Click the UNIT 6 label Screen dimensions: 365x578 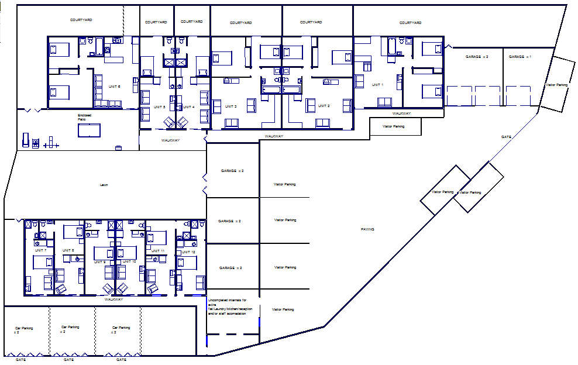pyautogui.click(x=115, y=87)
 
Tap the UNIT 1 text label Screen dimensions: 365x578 pyautogui.click(x=377, y=85)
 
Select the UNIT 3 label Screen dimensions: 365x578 pyautogui.click(x=231, y=106)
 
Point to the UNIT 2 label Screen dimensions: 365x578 pyautogui.click(x=325, y=106)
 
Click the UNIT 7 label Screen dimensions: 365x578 pyautogui.click(x=40, y=250)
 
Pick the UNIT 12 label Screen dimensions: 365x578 pyautogui.click(x=189, y=252)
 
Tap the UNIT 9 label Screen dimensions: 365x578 pyautogui.click(x=99, y=261)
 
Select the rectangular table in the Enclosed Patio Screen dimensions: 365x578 pyautogui.click(x=89, y=130)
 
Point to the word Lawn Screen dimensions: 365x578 pyautogui.click(x=104, y=185)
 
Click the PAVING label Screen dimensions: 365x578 pyautogui.click(x=367, y=229)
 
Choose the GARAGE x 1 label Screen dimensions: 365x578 pyautogui.click(x=519, y=57)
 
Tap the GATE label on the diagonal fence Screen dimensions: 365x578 pyautogui.click(x=506, y=137)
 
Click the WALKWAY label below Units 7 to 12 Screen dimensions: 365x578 pyautogui.click(x=113, y=299)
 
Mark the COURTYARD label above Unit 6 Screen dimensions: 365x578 pyautogui.click(x=81, y=20)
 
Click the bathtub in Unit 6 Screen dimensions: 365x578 pyautogui.click(x=99, y=46)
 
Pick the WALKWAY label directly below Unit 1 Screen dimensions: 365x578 pyautogui.click(x=401, y=113)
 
